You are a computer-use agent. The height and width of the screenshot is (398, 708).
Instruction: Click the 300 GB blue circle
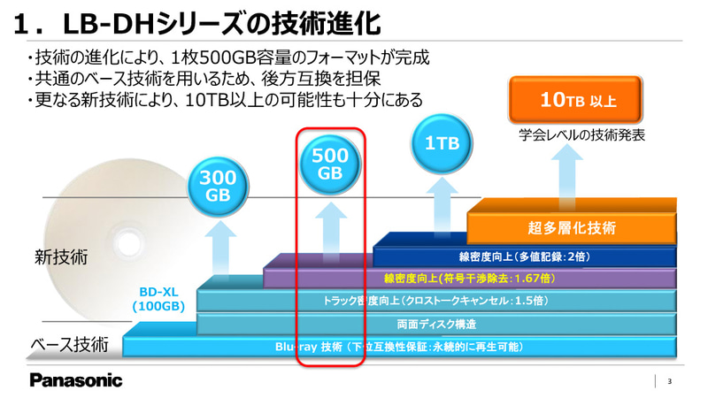(217, 184)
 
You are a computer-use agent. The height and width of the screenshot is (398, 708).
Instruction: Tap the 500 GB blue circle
(329, 165)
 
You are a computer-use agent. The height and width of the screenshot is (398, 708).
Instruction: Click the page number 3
(669, 382)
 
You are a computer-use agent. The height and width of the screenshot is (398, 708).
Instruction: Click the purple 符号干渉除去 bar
(469, 279)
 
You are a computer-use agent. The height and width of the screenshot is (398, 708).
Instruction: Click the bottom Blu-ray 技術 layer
(398, 346)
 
